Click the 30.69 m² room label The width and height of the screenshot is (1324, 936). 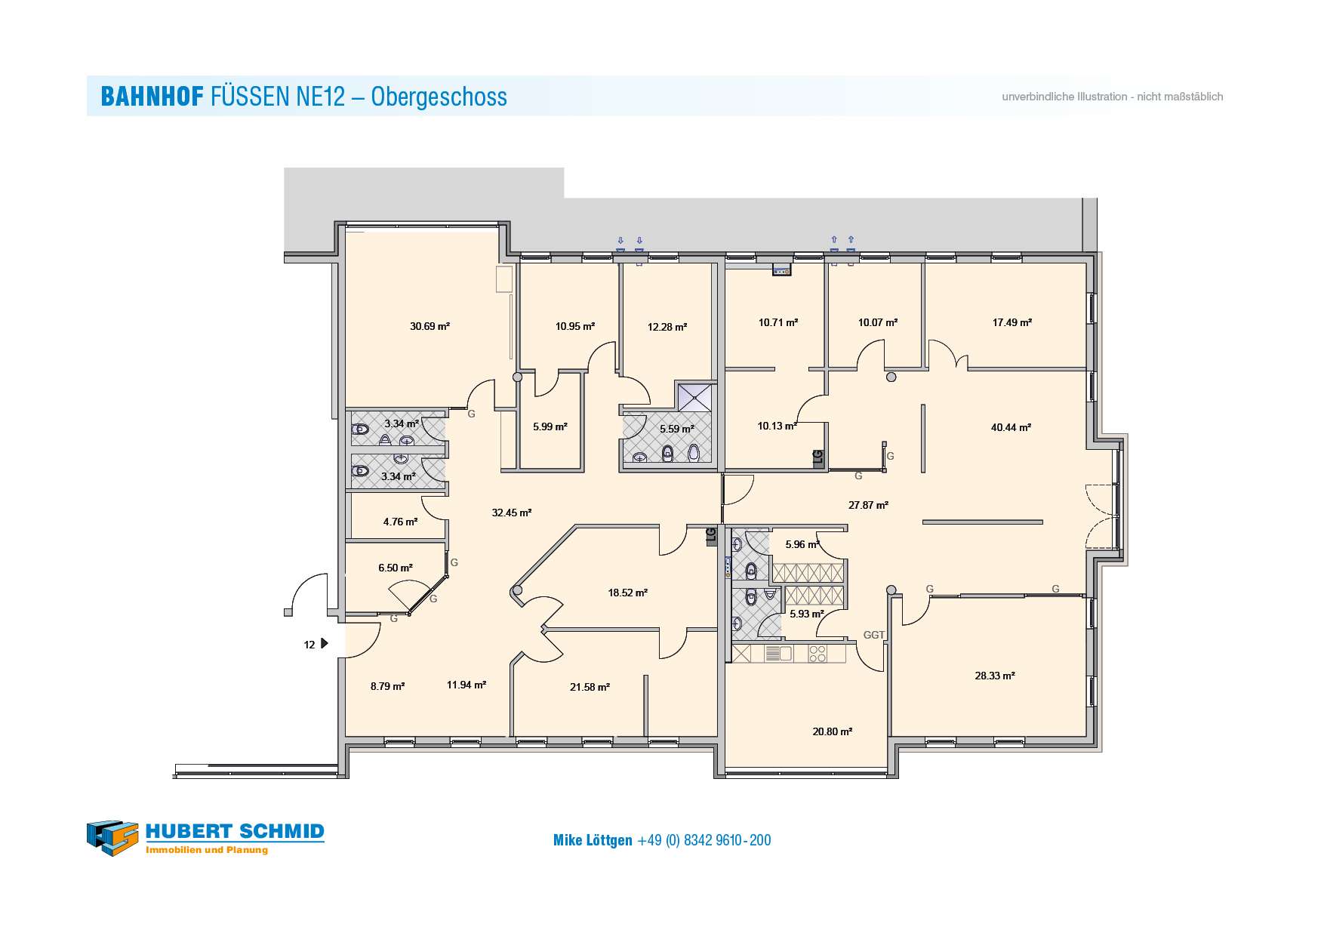click(x=430, y=326)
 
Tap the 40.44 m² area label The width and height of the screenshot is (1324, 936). click(x=1011, y=427)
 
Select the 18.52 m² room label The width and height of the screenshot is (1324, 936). click(x=627, y=593)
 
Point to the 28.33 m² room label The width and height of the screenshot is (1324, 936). click(x=994, y=676)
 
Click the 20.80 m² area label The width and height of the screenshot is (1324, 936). click(x=832, y=731)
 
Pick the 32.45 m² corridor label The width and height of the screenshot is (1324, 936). click(x=511, y=513)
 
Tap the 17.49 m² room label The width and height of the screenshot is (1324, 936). click(x=1011, y=322)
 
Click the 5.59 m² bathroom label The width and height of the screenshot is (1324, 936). click(x=676, y=429)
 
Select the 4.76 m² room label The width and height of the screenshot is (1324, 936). click(x=400, y=522)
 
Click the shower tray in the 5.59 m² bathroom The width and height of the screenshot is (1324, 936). click(x=694, y=396)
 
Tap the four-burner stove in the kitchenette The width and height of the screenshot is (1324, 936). click(x=817, y=653)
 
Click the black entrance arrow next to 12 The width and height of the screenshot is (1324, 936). click(x=325, y=644)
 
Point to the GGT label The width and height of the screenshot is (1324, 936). click(x=874, y=635)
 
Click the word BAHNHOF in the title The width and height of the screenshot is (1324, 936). click(x=152, y=97)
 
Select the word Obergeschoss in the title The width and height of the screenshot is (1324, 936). click(x=439, y=97)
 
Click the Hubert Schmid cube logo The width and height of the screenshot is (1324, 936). click(x=112, y=838)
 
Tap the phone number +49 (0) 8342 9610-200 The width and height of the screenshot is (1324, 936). click(x=704, y=840)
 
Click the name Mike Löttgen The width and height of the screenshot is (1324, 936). click(x=593, y=840)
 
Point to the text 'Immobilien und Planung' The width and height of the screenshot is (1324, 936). click(x=207, y=850)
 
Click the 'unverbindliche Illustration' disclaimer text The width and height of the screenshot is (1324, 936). click(x=1064, y=97)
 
